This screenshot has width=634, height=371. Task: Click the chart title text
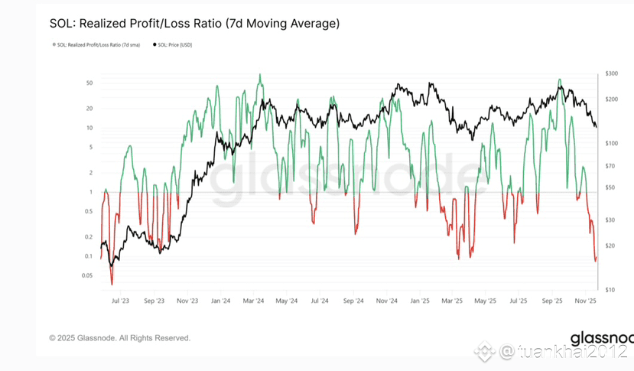[194, 24]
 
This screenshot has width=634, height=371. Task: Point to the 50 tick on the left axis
[89, 83]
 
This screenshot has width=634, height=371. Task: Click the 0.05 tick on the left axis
[86, 275]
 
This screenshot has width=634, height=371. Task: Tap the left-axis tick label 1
[91, 192]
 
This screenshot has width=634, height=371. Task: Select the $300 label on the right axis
[610, 73]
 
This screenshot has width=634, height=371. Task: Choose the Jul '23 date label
[120, 301]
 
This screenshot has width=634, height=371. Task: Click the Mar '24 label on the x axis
[253, 301]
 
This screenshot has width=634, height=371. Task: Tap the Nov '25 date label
[587, 301]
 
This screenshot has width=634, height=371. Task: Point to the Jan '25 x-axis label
[420, 301]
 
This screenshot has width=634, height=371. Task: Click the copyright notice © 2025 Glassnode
[120, 337]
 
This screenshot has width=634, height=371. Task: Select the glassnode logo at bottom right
[601, 339]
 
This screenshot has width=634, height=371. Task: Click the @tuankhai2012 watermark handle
[562, 353]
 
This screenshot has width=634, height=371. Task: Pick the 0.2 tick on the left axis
[88, 237]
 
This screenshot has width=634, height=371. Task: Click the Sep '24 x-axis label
[353, 301]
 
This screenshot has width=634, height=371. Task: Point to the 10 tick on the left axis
[89, 128]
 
